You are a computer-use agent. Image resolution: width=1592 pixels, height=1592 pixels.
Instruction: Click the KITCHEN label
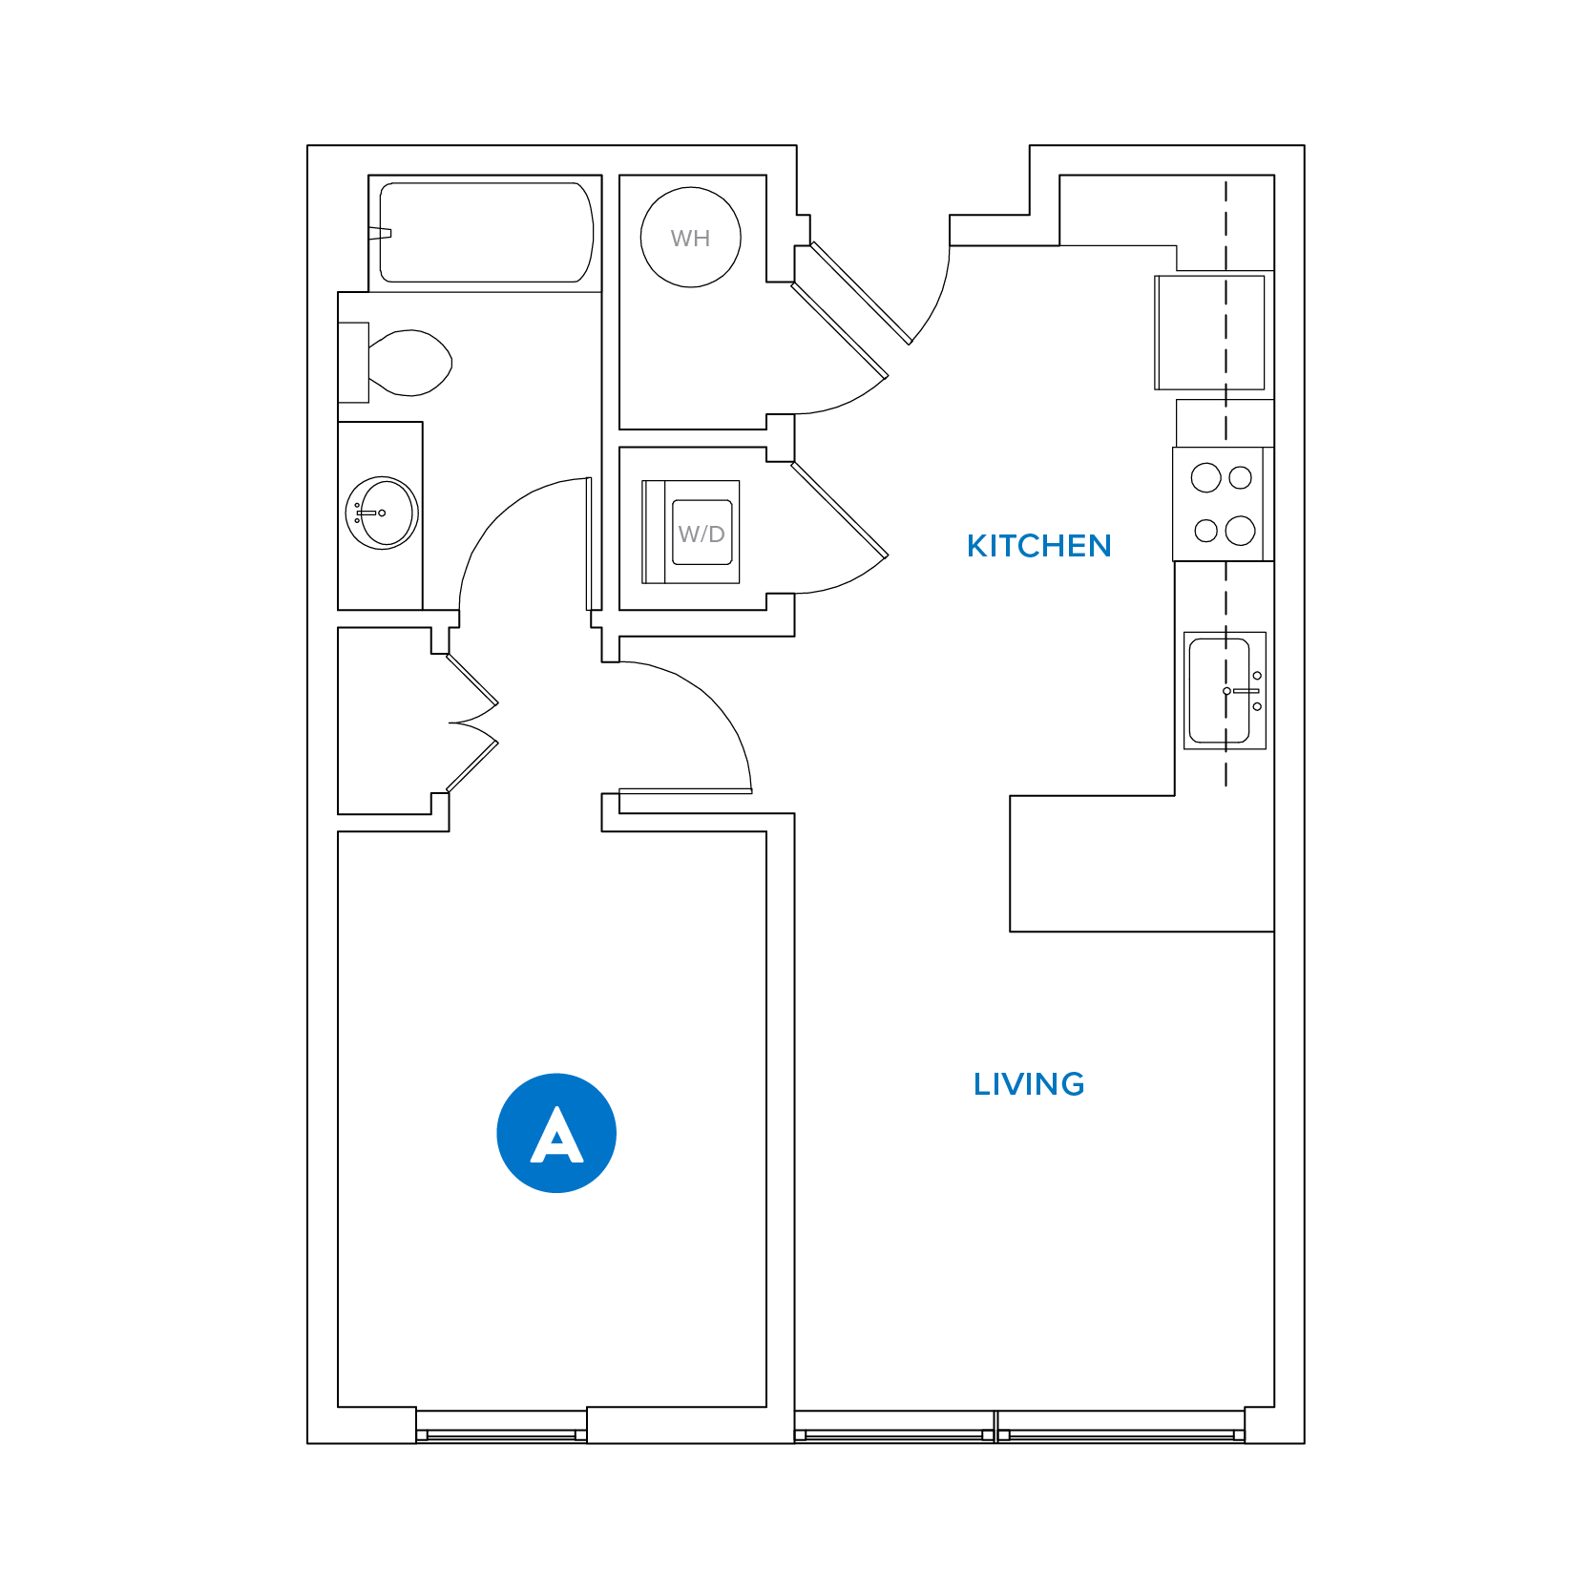1038,546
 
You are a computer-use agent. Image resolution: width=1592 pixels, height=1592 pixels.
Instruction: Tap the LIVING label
1029,1084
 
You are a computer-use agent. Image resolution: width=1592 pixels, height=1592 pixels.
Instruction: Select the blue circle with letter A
556,1133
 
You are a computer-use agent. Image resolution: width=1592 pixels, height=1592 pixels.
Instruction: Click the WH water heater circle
690,238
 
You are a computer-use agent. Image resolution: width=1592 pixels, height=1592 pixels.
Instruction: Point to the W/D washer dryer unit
692,532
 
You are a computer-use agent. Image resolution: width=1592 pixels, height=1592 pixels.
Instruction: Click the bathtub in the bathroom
486,233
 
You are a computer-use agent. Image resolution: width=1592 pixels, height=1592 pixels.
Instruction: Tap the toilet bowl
411,363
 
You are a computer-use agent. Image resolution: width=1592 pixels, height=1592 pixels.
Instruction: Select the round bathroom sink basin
382,513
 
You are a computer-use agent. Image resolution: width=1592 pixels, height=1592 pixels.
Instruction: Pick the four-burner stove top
1223,504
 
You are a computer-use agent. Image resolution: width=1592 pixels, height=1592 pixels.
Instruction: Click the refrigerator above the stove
1209,332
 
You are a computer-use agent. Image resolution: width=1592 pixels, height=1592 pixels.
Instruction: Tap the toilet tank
353,363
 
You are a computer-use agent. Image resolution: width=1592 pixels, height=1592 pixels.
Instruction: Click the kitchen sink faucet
1246,690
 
